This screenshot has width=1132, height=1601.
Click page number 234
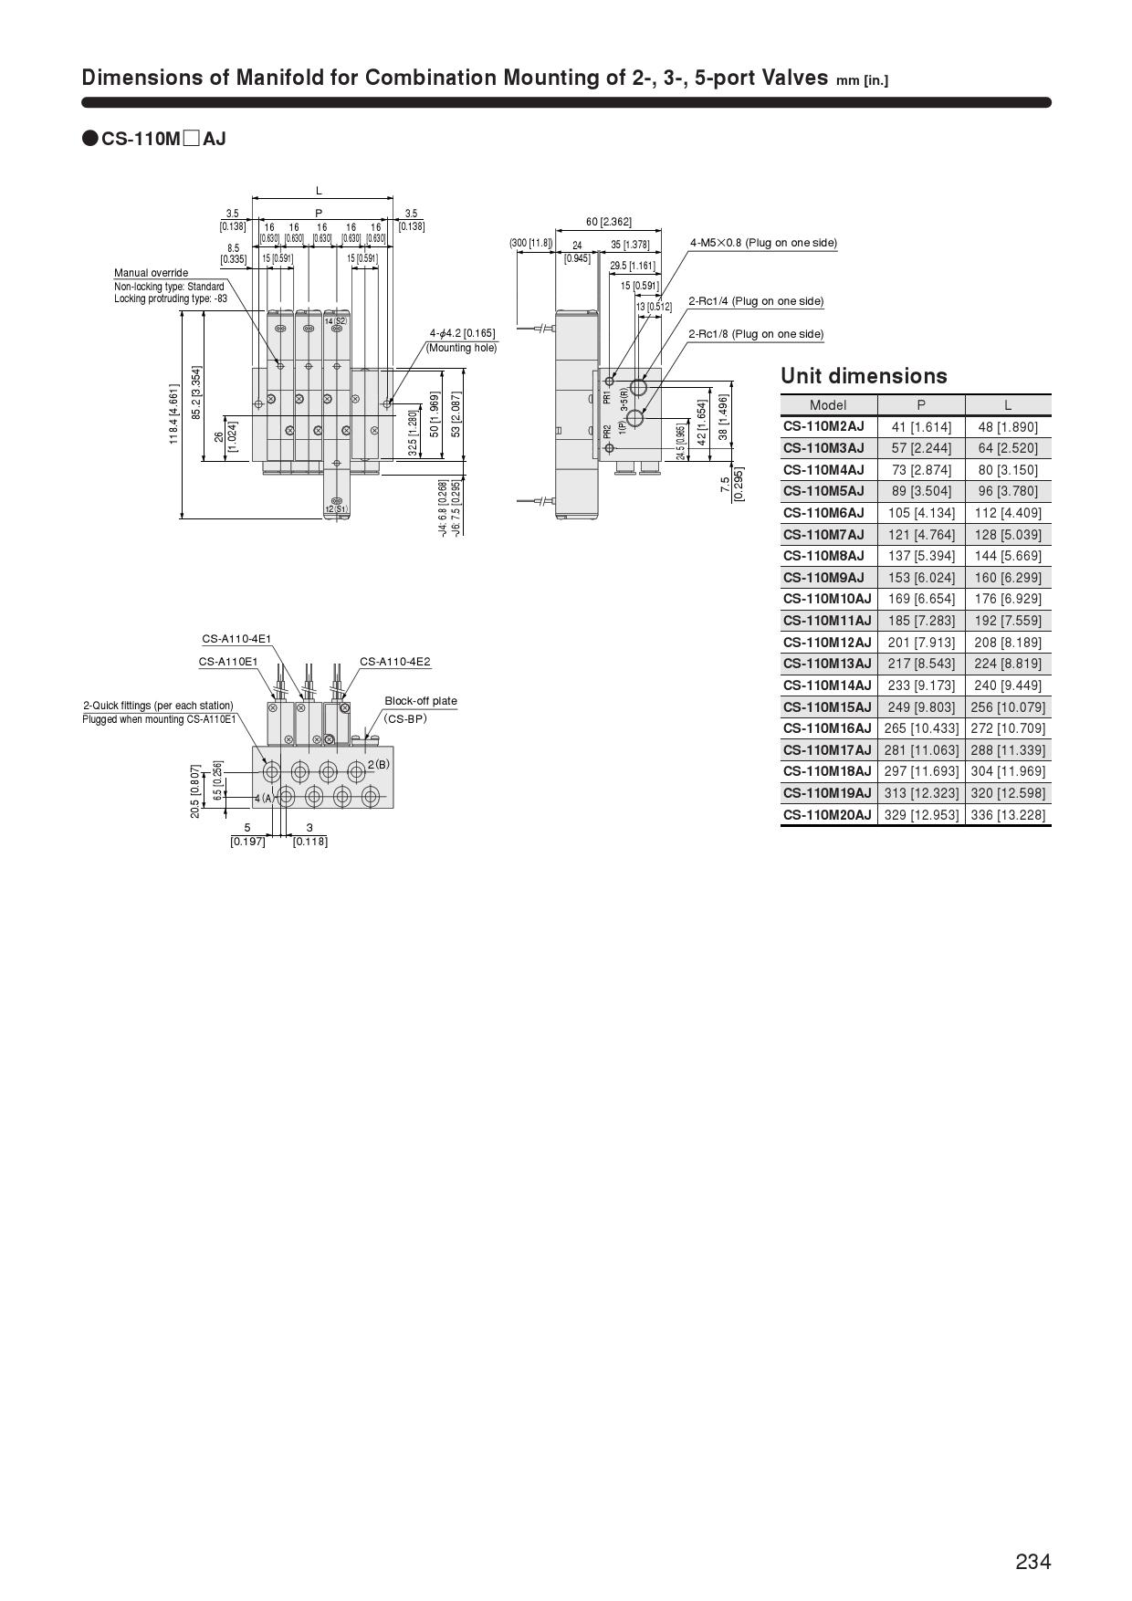(1032, 1562)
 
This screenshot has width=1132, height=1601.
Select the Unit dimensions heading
(864, 376)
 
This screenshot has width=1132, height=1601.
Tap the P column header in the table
(920, 405)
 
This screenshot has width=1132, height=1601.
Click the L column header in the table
(1007, 405)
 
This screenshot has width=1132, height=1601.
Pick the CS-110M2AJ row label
(823, 426)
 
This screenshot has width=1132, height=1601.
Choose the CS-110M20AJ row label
(827, 815)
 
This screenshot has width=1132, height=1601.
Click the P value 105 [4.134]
(921, 513)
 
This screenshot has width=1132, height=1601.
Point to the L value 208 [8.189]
(1008, 643)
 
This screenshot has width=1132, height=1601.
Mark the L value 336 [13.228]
(1008, 815)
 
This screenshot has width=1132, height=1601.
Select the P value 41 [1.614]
(921, 426)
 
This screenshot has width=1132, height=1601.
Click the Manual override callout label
(151, 273)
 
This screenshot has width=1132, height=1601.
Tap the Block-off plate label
(420, 701)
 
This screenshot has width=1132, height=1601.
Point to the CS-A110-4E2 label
(394, 662)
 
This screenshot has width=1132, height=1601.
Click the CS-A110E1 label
(228, 662)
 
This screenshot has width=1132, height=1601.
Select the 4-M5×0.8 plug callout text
(762, 243)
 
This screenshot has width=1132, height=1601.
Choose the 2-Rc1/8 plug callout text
(755, 334)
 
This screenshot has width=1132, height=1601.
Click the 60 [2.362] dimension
(608, 222)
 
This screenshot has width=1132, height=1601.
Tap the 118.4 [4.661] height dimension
(173, 414)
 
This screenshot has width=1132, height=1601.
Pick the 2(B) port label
(378, 763)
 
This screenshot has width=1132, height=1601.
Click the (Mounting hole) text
(461, 348)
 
